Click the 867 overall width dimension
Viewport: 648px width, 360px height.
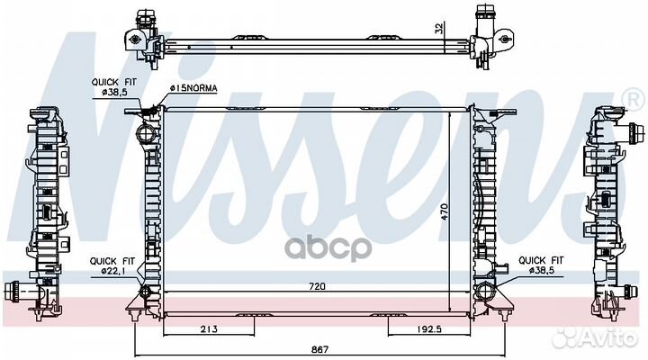click(319, 350)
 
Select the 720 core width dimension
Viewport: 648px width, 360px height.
click(317, 286)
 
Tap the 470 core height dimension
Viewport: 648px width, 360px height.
click(445, 211)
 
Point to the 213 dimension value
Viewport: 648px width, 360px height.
click(209, 329)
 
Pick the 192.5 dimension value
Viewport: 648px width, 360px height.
click(427, 329)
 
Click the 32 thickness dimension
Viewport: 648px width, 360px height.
click(439, 28)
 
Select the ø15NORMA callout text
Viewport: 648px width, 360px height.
click(193, 88)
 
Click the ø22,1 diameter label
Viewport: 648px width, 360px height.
click(112, 271)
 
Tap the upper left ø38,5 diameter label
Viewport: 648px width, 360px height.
click(115, 92)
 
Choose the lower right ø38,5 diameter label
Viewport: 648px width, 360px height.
click(542, 270)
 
